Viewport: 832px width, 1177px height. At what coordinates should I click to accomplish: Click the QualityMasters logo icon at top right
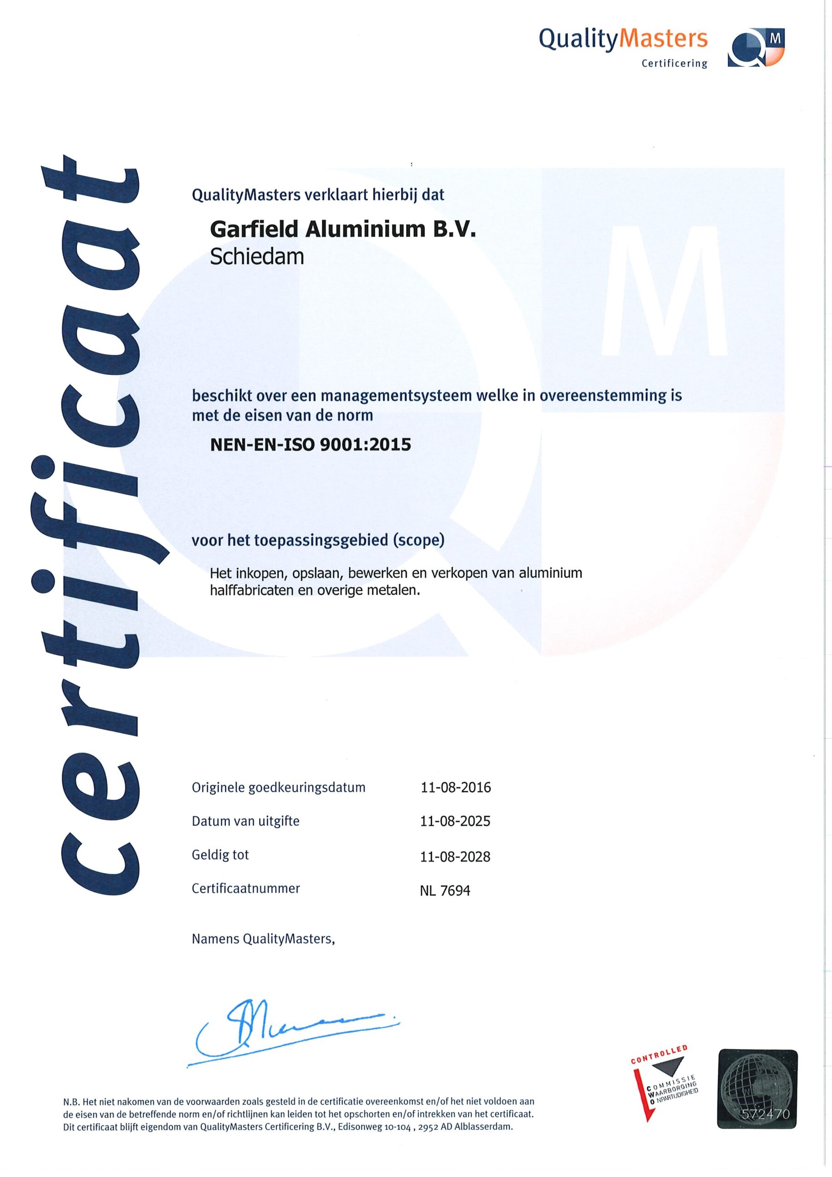tap(756, 47)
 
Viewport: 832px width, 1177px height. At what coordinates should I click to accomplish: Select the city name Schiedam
tap(257, 256)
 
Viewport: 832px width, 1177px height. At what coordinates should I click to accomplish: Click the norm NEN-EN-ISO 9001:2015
tap(311, 444)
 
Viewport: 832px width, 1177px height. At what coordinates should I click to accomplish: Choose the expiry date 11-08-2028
tap(455, 856)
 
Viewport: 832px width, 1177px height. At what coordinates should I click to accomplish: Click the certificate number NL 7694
tap(445, 891)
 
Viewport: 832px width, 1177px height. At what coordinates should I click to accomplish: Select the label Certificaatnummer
tap(245, 888)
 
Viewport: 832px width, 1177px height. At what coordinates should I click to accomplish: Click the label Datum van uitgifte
tap(245, 821)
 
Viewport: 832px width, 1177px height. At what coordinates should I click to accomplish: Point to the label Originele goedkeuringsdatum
tap(279, 787)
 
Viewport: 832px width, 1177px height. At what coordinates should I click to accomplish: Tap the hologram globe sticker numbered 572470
tap(758, 1088)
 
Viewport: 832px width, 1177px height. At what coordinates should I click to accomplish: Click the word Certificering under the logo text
tap(674, 63)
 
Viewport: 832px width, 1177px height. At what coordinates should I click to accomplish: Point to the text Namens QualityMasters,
tap(263, 939)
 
